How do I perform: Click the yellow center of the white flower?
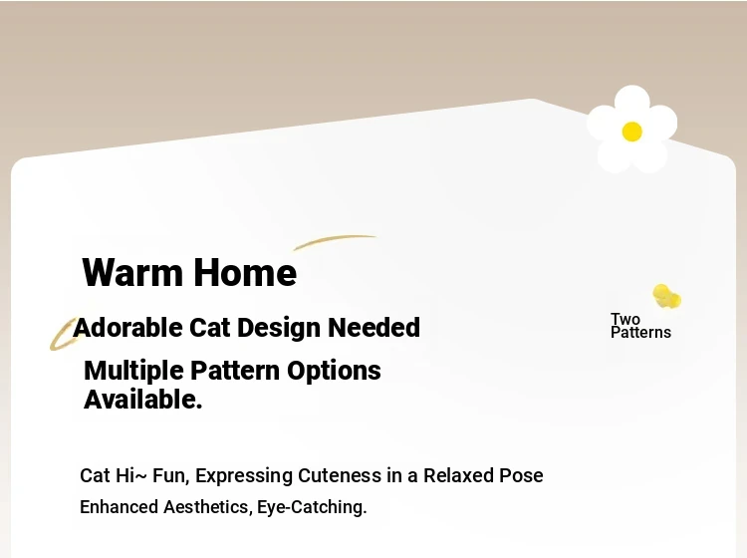click(632, 132)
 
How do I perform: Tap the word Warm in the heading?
click(132, 272)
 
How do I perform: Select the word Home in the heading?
click(245, 272)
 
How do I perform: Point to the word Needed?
click(373, 328)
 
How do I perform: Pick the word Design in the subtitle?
click(279, 329)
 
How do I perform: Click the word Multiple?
click(133, 372)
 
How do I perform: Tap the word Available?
click(142, 400)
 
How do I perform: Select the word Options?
click(334, 372)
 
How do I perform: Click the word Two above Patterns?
click(625, 319)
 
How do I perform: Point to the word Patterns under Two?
click(640, 332)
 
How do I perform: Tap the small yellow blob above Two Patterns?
click(666, 296)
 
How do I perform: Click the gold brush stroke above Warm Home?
click(334, 241)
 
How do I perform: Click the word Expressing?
click(244, 476)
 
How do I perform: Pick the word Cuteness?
click(340, 475)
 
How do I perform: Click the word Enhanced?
click(120, 507)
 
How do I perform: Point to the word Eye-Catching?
click(312, 507)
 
